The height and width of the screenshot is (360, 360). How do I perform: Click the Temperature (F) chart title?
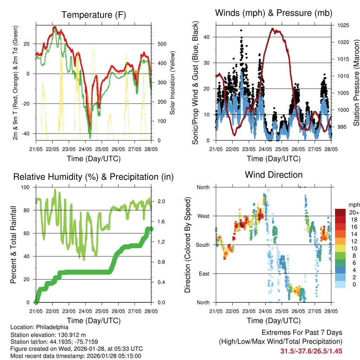tap(94, 15)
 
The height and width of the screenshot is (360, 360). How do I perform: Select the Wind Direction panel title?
tap(274, 175)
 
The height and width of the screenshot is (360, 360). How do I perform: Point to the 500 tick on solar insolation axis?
tap(162, 44)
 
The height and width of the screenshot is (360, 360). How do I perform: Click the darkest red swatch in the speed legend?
tap(340, 212)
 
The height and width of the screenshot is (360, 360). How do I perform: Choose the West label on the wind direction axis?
tap(203, 216)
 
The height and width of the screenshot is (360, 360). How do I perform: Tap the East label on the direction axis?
tap(204, 274)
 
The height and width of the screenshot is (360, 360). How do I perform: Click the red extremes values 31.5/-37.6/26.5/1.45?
tap(311, 351)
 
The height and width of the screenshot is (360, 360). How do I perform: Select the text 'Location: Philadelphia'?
tap(39, 327)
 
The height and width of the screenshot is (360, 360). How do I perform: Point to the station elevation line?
tap(48, 335)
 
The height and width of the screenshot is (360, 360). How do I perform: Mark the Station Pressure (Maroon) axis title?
tap(356, 83)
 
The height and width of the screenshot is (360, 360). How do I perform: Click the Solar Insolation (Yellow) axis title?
tap(173, 83)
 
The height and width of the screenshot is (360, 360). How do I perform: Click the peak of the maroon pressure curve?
tap(273, 29)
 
